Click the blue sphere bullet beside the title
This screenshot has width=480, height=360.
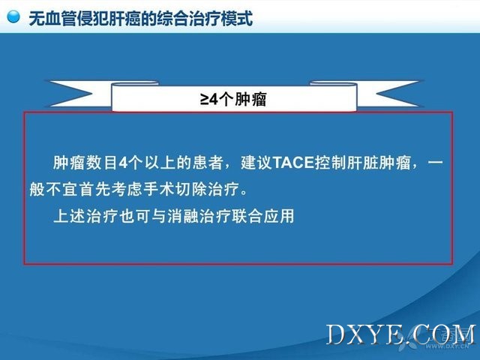pyautogui.click(x=13, y=16)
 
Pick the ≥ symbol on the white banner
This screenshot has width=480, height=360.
pyautogui.click(x=205, y=99)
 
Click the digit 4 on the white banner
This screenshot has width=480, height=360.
pyautogui.click(x=214, y=99)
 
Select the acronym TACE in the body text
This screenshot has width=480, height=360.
pyautogui.click(x=293, y=163)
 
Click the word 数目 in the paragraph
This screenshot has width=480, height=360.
pyautogui.click(x=101, y=163)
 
